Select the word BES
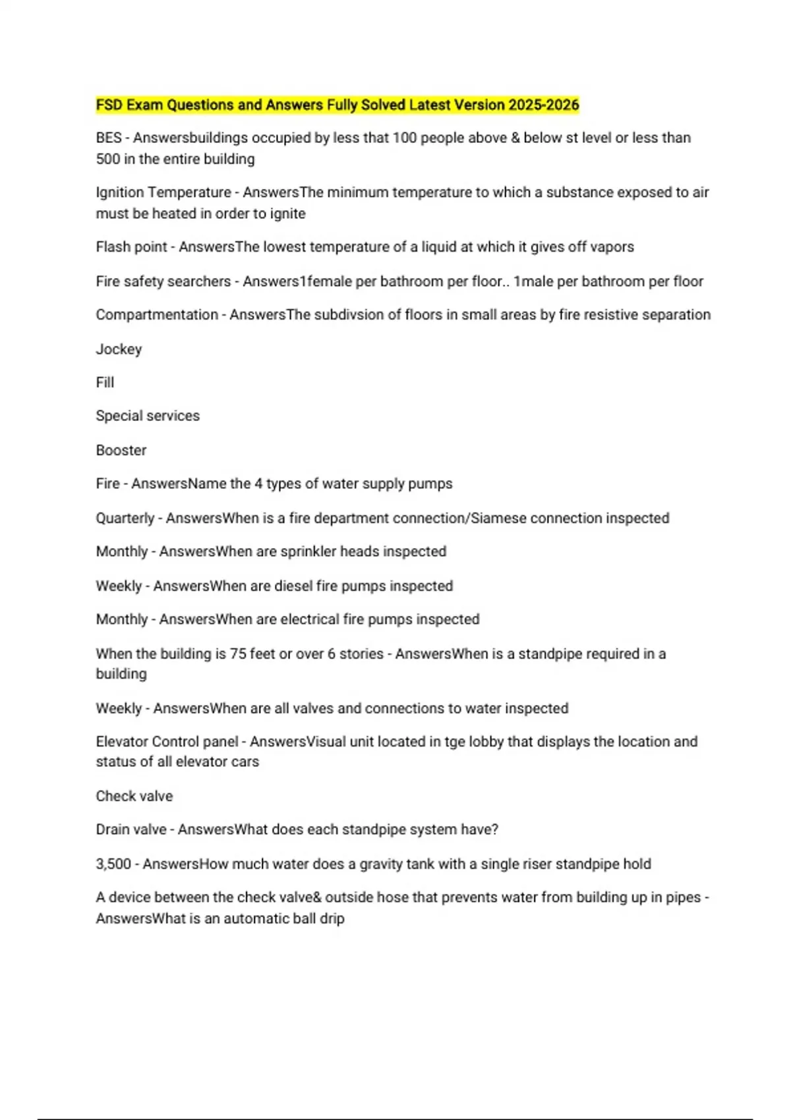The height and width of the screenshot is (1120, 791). (x=109, y=138)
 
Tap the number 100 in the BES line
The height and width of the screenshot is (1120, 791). (x=405, y=138)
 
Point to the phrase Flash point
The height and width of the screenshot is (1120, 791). (x=131, y=247)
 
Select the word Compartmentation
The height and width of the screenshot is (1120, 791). (x=156, y=315)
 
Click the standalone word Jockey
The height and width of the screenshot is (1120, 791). (x=119, y=349)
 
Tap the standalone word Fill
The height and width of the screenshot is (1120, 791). (x=105, y=383)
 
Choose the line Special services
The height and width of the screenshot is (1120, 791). (x=148, y=416)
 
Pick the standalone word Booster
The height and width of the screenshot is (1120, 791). (x=121, y=451)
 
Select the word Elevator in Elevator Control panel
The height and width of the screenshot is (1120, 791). (x=121, y=742)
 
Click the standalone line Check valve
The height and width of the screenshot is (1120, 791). (x=134, y=796)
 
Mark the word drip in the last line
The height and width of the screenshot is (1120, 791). (x=332, y=918)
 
